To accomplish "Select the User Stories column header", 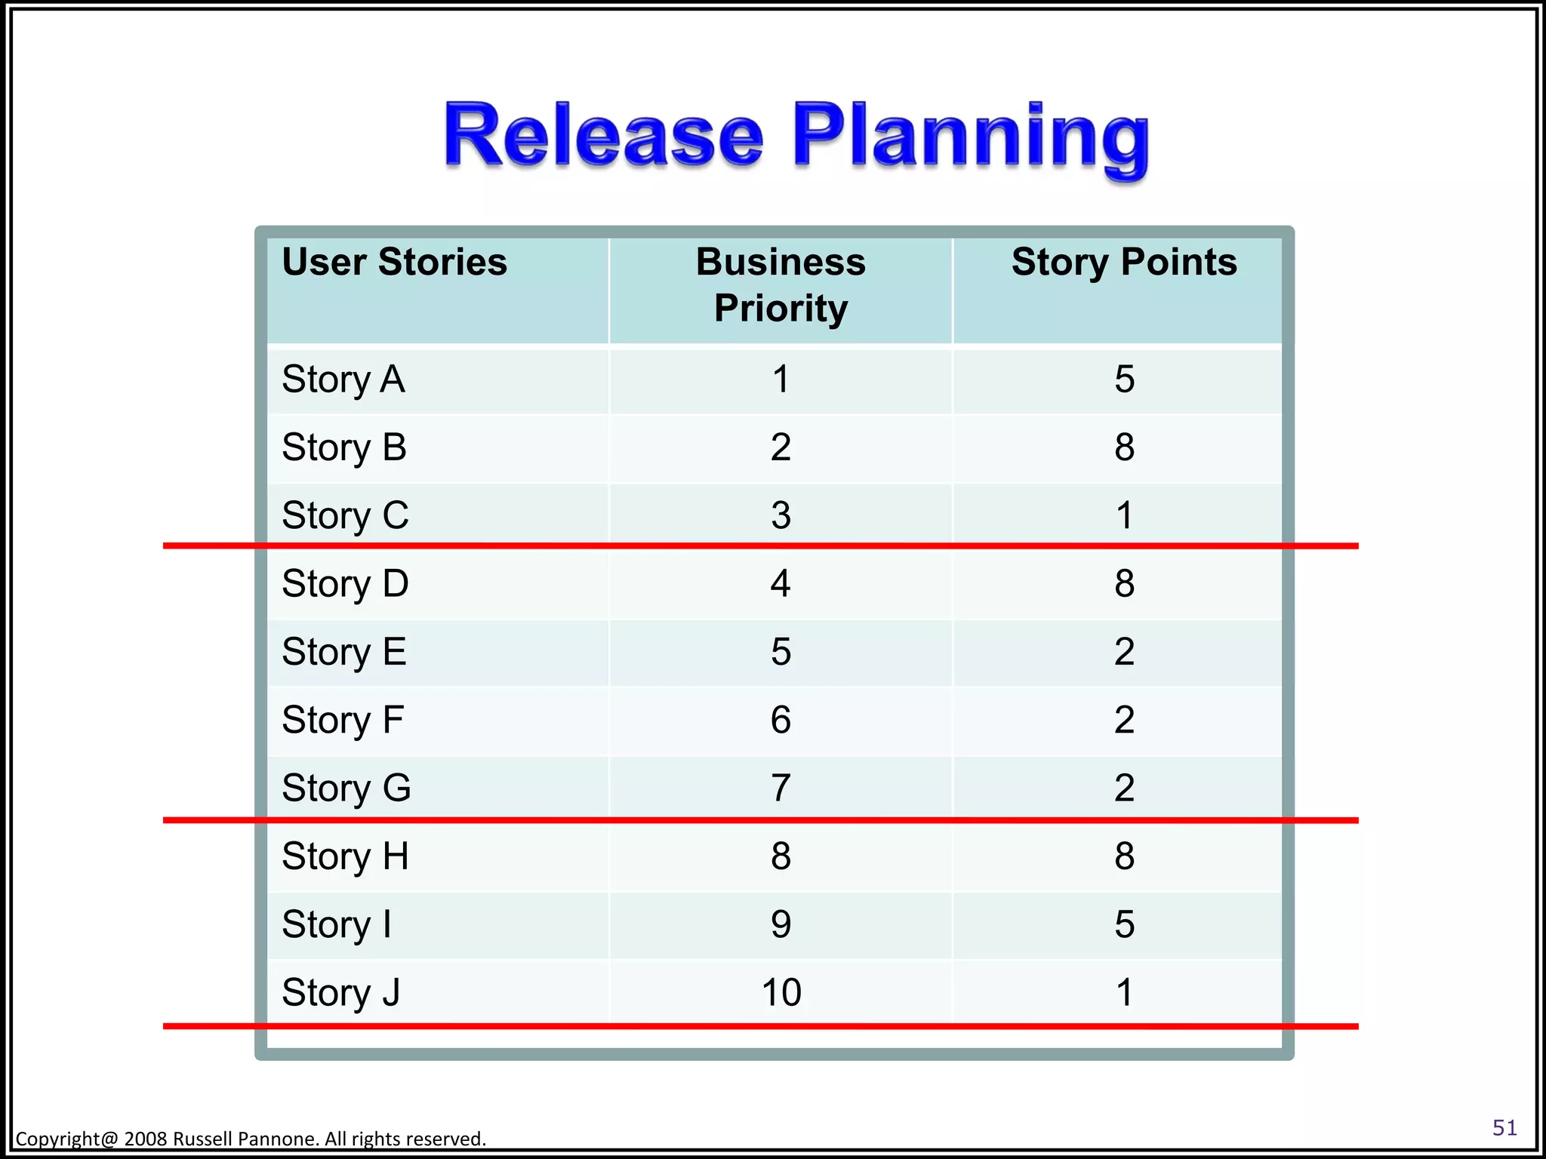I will (x=394, y=263).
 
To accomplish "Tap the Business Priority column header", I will (x=781, y=285).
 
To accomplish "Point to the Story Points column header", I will (x=1124, y=263).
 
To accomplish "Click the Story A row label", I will (x=343, y=379).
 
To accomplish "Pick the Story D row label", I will (x=345, y=584).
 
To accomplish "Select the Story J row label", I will (x=340, y=992).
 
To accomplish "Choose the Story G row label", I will (x=346, y=789).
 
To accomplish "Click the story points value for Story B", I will (x=1124, y=447).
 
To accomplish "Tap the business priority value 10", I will (x=781, y=992).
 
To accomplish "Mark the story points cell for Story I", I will (x=1124, y=924).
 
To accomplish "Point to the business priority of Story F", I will (x=781, y=720).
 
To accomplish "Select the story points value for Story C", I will (x=1124, y=516).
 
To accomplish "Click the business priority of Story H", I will (x=781, y=856).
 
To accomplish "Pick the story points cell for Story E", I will (x=1124, y=652).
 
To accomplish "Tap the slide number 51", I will (x=1504, y=1127).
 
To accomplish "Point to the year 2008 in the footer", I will (x=146, y=1139).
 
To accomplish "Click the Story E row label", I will (x=344, y=652).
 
